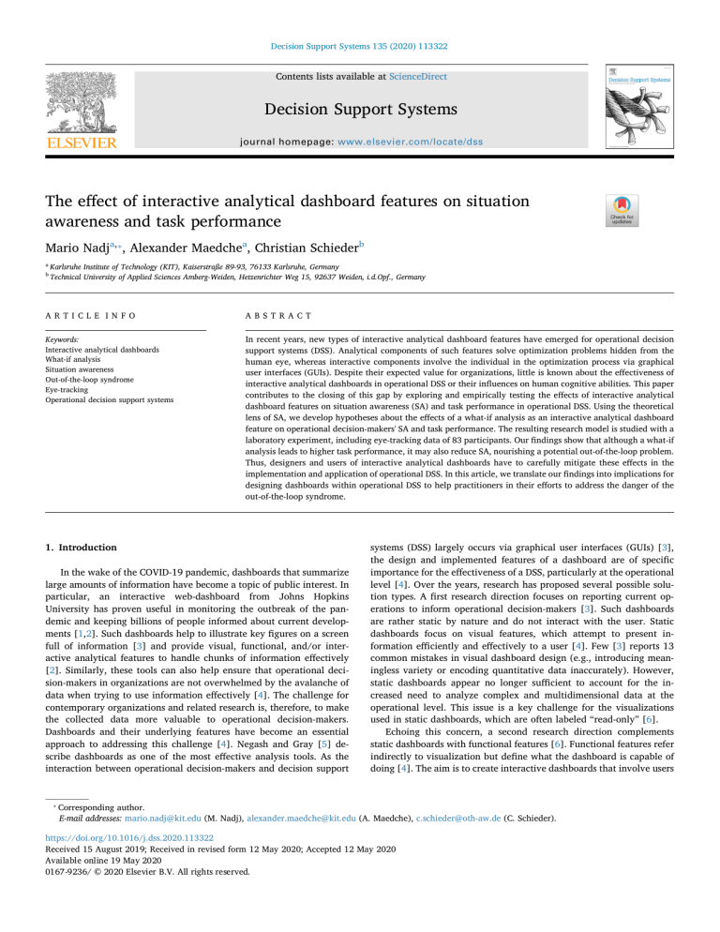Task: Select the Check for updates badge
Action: coord(622,213)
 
